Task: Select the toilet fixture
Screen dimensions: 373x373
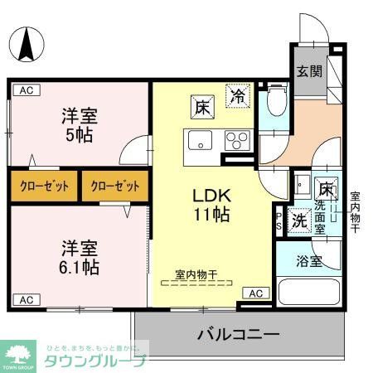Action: tap(275, 103)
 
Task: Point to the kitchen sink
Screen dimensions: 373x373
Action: tap(199, 141)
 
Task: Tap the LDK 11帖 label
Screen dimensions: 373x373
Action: tap(212, 205)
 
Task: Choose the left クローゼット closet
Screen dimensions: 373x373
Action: tap(44, 186)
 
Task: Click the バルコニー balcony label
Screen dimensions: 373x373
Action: tap(238, 334)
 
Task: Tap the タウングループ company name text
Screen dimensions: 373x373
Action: tap(96, 361)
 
